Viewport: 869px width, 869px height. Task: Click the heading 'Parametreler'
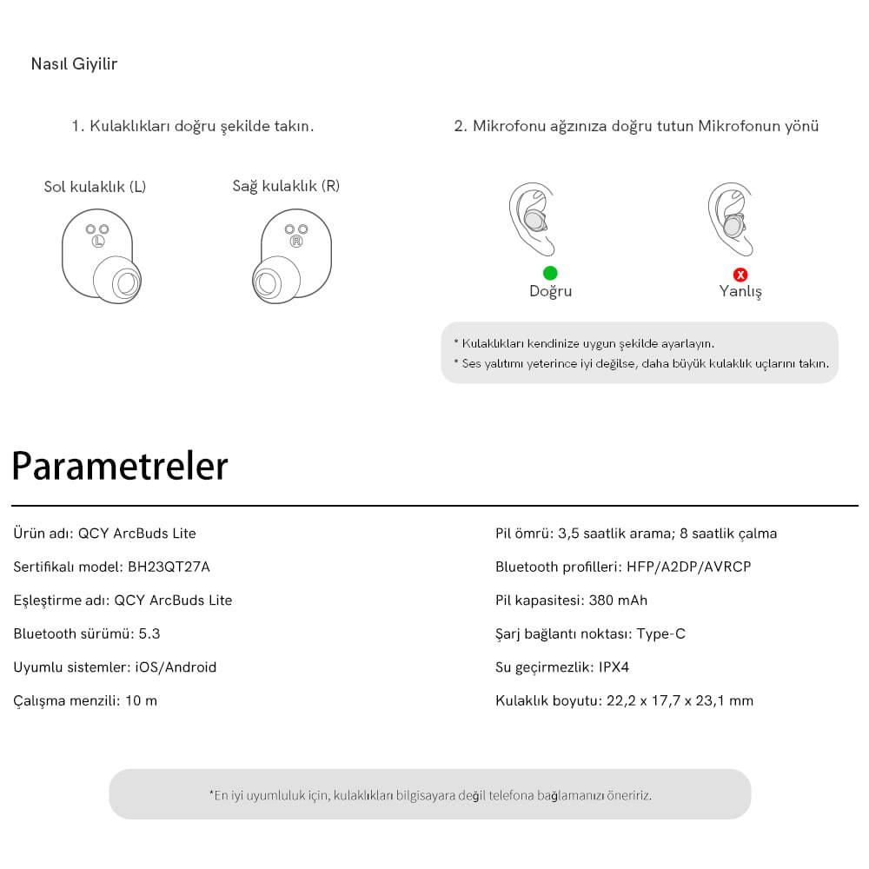coord(120,467)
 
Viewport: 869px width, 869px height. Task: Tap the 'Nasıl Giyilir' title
coord(74,64)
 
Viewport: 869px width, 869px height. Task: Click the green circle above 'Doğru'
coord(550,274)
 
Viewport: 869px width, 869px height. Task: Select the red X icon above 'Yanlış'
coord(740,275)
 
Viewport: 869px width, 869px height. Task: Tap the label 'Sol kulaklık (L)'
coord(95,187)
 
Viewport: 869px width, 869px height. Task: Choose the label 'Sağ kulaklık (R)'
coord(286,186)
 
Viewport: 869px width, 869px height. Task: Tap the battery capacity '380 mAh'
coord(618,600)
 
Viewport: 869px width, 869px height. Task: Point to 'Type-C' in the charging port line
coord(660,634)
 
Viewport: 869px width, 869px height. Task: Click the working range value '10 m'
coord(141,700)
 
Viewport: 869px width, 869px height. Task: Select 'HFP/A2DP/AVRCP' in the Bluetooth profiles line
coord(688,567)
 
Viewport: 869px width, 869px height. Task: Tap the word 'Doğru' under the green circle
coord(550,292)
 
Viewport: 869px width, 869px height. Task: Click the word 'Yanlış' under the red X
coord(740,292)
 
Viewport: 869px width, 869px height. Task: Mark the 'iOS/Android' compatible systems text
coord(176,667)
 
